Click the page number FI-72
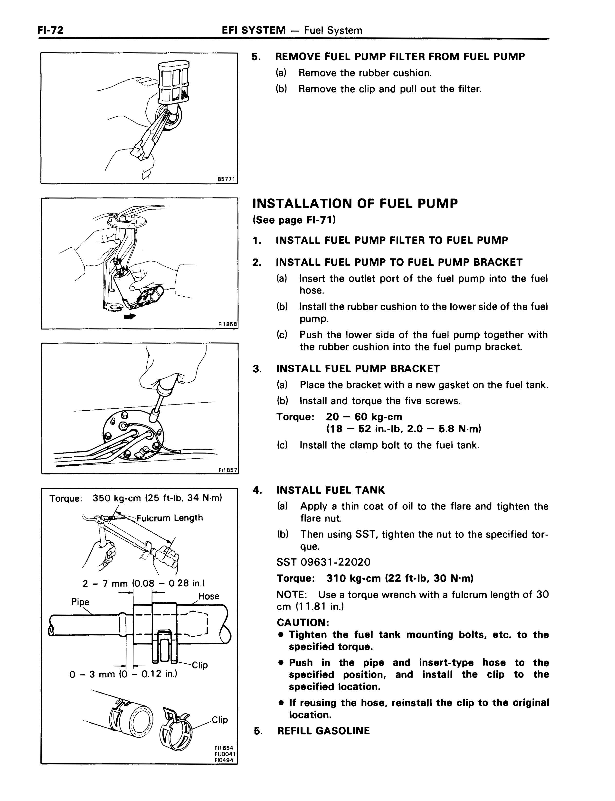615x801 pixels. point(50,30)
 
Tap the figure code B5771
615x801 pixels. point(227,179)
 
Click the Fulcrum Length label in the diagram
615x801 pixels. point(170,518)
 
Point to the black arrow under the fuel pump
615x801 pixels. point(130,317)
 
